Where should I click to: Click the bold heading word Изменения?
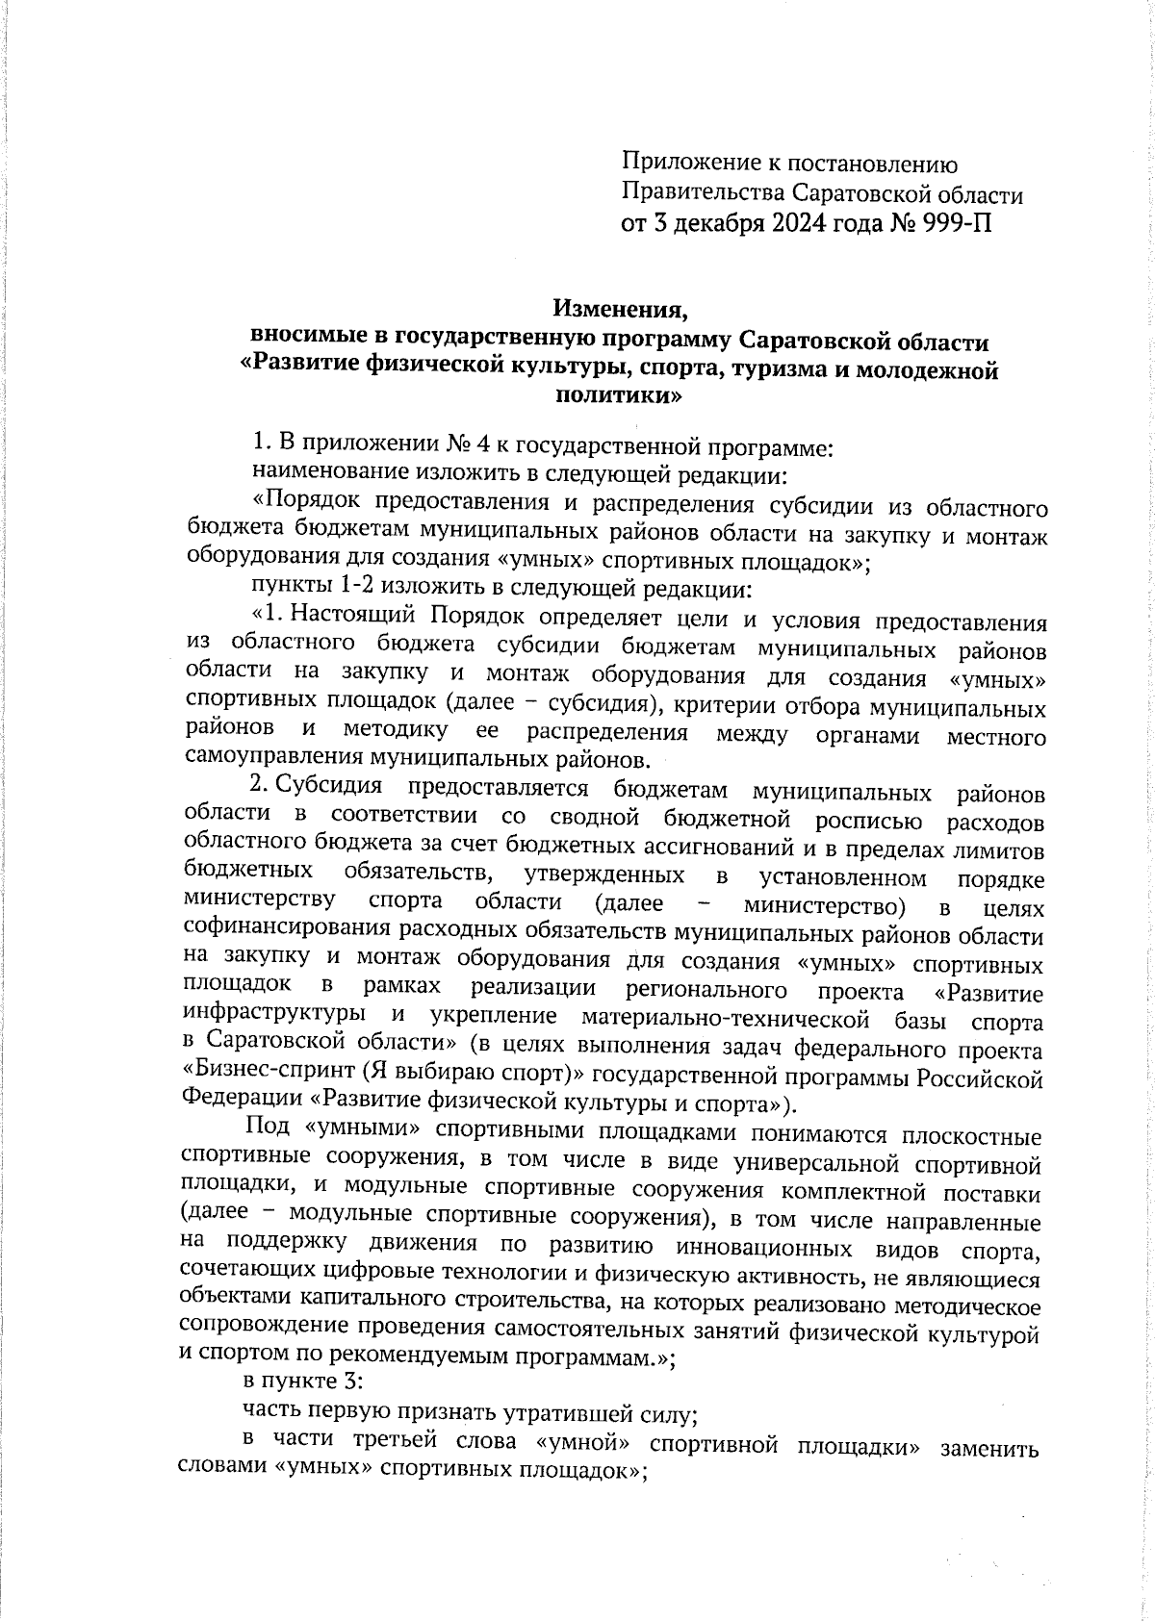[621, 310]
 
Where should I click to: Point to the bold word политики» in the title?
[621, 394]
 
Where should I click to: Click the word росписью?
[869, 821]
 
